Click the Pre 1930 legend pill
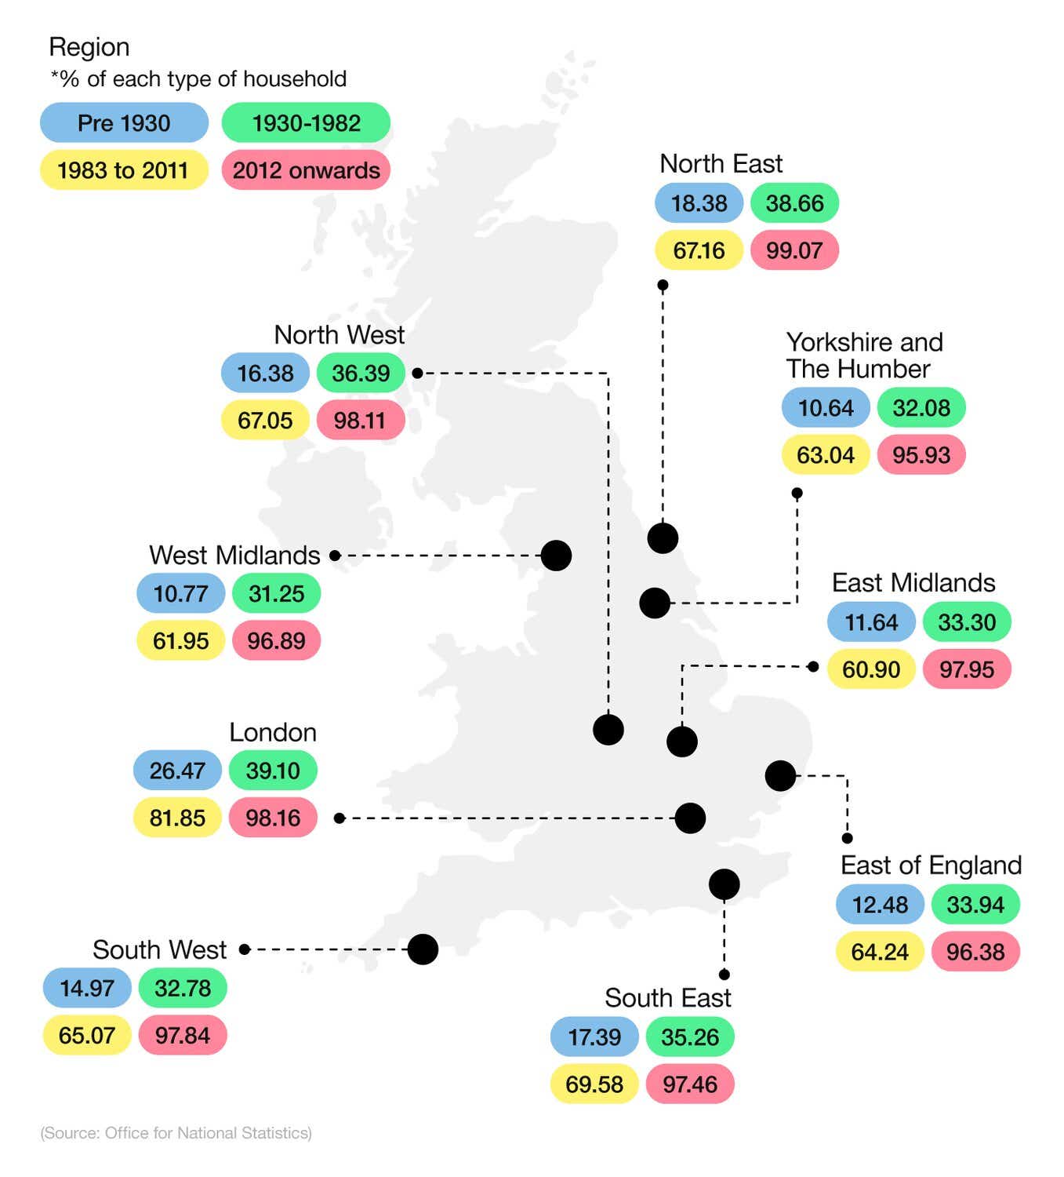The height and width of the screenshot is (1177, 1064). pos(124,123)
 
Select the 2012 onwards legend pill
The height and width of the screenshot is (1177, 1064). pos(306,170)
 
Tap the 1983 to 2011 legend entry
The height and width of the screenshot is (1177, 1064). pos(123,170)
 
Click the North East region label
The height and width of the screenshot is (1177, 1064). pos(721,163)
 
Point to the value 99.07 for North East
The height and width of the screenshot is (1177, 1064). pos(794,250)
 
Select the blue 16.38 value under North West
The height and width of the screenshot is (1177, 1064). pos(265,373)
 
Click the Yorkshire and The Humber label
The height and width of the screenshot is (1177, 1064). pos(864,355)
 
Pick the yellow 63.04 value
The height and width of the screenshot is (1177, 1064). pos(825,455)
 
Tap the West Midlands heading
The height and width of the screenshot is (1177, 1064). pos(234,555)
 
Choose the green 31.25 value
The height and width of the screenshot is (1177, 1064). pos(276,593)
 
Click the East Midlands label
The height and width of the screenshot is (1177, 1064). pos(913,582)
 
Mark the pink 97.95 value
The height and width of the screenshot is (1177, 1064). pos(967,669)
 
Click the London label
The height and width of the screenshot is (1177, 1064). pos(273,732)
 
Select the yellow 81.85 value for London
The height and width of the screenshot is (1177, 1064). pos(177,818)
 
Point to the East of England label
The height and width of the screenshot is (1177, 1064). pos(931,865)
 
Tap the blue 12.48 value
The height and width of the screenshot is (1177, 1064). pos(880,905)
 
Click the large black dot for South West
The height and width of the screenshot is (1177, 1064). pos(423,949)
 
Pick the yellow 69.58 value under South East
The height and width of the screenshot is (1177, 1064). pos(594,1084)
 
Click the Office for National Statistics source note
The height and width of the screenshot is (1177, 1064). pos(176,1133)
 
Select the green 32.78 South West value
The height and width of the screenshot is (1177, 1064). pos(183,988)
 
